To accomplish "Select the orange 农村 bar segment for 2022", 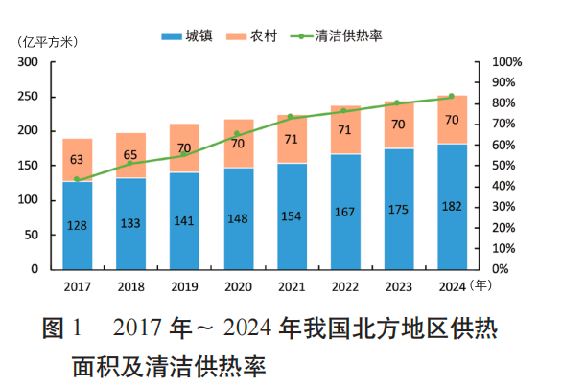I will [x=345, y=130].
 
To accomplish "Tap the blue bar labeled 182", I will [x=453, y=206].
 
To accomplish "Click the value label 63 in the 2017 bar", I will [x=78, y=160].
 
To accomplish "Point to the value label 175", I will [x=399, y=209].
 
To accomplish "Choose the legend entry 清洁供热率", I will [x=338, y=36].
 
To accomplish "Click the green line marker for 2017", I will [x=78, y=179].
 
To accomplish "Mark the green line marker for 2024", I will [x=452, y=96].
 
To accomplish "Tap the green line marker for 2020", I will [x=238, y=134].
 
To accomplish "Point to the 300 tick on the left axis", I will [x=28, y=62].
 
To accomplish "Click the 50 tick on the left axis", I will [x=31, y=235].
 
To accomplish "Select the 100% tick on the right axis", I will [x=505, y=62].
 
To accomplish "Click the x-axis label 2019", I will [x=184, y=284].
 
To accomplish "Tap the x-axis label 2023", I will [x=399, y=284].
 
